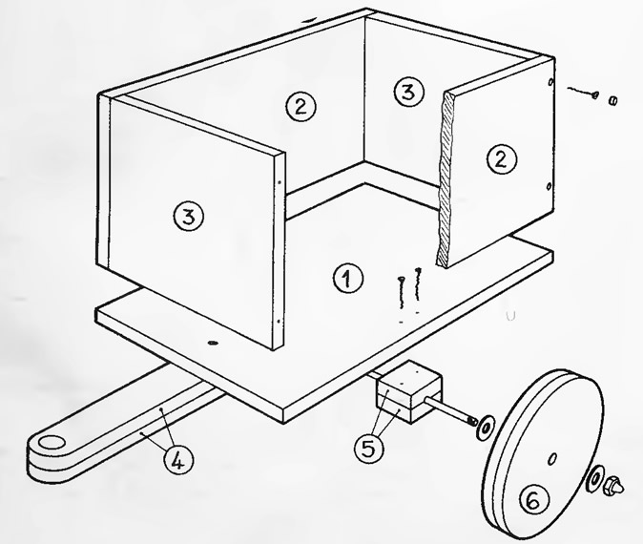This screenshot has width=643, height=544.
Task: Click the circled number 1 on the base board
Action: point(348,278)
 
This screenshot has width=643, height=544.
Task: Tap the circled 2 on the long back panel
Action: point(301,106)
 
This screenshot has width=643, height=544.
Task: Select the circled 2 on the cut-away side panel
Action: point(502,159)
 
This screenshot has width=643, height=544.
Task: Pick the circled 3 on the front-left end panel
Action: point(189,217)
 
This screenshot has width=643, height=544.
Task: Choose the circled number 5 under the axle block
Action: point(369,448)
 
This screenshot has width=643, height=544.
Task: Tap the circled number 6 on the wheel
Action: point(534,499)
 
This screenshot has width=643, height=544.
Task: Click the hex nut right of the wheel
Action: point(613,486)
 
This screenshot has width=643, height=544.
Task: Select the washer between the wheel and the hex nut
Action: point(595,477)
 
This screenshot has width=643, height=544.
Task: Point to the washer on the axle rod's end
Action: point(486,427)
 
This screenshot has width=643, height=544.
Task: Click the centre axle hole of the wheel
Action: point(552,458)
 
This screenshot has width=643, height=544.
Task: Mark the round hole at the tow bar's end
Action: point(51,443)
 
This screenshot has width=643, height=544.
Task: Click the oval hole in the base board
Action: point(213,343)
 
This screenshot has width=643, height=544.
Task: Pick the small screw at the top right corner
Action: point(582,92)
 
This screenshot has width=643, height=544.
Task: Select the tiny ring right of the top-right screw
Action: point(613,99)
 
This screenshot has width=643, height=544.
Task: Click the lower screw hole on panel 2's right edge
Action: point(550,187)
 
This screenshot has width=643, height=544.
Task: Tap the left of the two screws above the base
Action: point(401,292)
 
